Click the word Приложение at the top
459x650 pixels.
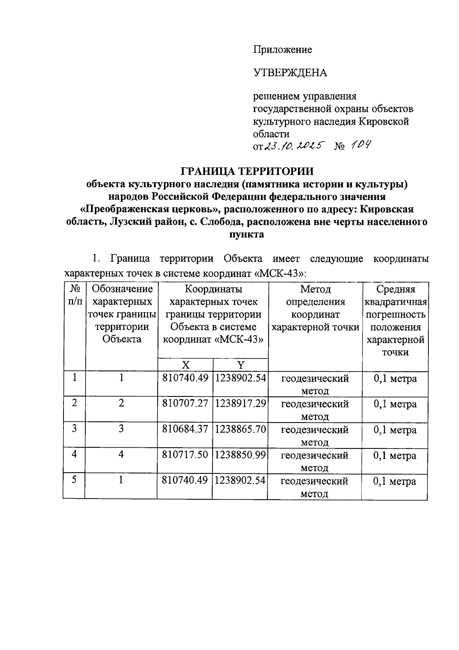click(x=283, y=50)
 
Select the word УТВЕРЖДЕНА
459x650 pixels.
click(x=290, y=73)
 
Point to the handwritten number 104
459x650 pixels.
click(x=360, y=145)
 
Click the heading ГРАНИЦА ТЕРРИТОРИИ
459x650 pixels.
click(x=247, y=171)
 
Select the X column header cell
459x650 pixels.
click(x=185, y=365)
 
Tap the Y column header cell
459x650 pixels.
click(x=241, y=365)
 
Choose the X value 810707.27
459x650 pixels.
click(x=185, y=404)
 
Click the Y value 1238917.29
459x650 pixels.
click(x=240, y=404)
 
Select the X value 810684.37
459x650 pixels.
click(x=185, y=429)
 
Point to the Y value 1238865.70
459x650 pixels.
click(x=240, y=429)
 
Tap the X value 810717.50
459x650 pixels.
click(x=185, y=455)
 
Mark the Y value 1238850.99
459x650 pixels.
click(x=240, y=455)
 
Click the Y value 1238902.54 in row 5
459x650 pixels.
click(x=240, y=481)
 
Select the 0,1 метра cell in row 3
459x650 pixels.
click(x=395, y=430)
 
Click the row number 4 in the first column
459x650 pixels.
click(x=74, y=455)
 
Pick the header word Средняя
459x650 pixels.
click(x=396, y=289)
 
